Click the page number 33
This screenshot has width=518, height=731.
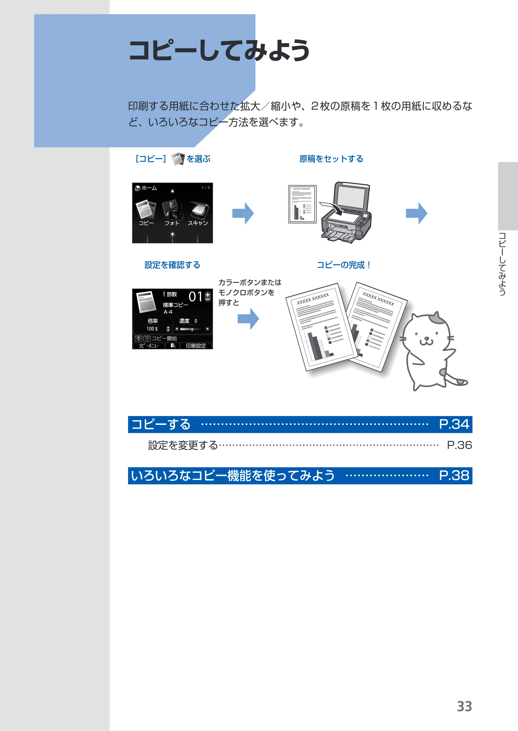[464, 706]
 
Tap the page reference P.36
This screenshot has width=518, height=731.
[459, 445]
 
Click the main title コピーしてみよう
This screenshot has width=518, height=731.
[219, 50]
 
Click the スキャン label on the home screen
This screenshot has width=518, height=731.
[198, 223]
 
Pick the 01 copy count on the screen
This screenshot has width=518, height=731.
[196, 297]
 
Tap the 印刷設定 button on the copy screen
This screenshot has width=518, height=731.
[196, 346]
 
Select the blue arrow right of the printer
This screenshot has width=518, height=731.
[416, 213]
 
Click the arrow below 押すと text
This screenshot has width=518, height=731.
[248, 319]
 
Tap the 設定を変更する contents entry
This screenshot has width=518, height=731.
[183, 445]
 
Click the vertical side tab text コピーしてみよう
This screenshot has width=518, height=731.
[502, 264]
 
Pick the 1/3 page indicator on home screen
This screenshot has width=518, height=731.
[206, 188]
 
